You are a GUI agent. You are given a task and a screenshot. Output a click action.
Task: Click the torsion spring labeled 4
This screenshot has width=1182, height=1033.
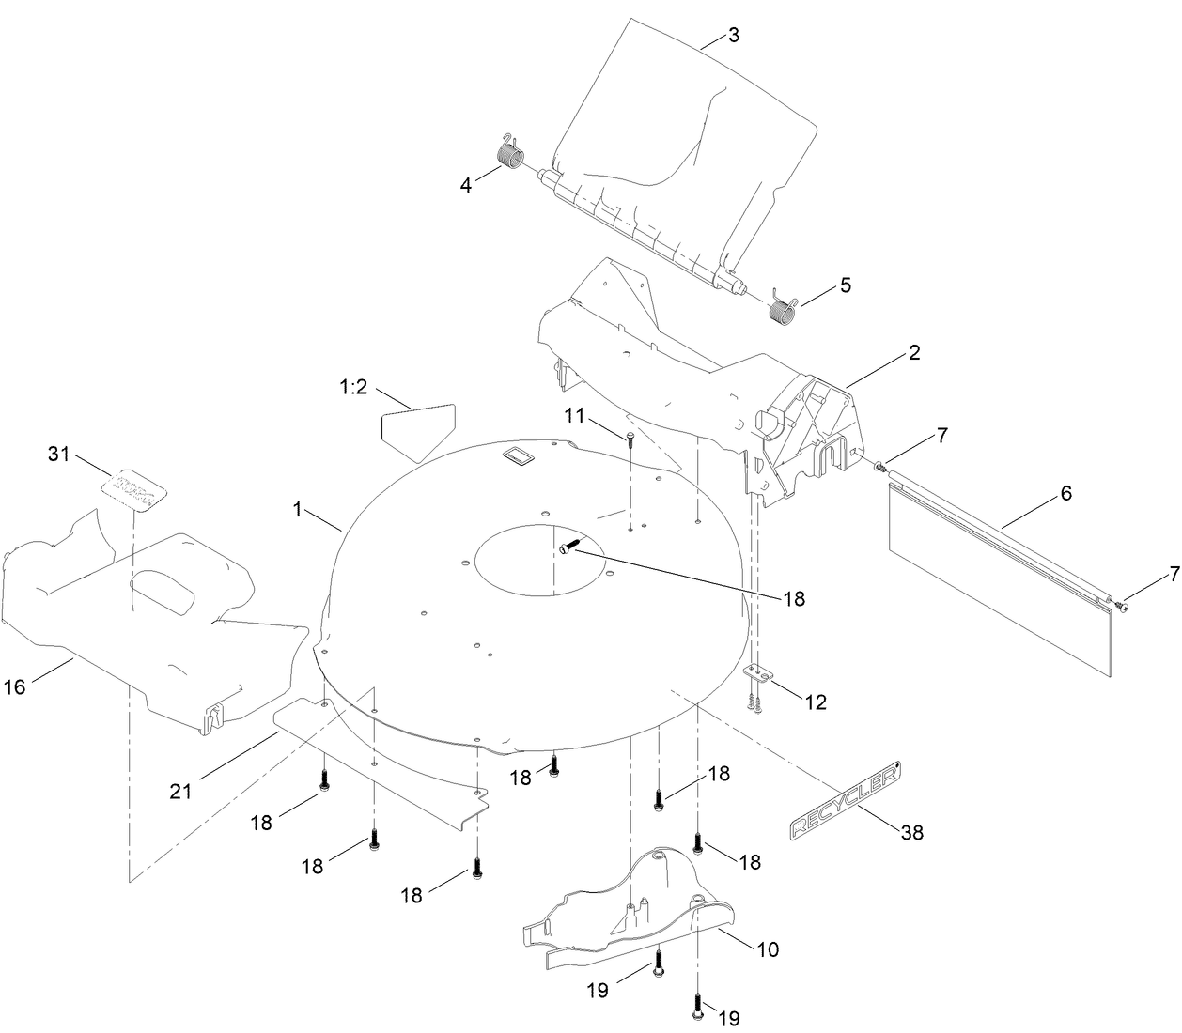(511, 155)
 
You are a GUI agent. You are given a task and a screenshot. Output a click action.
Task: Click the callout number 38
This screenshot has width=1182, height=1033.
(911, 832)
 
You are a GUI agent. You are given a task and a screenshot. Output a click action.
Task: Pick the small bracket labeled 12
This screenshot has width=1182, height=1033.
(757, 674)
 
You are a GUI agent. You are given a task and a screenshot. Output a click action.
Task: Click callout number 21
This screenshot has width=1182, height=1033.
(180, 791)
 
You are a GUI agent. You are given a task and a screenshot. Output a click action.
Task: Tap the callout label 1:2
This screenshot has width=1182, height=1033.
(353, 387)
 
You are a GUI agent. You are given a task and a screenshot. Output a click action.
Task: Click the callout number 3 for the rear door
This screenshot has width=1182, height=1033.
(734, 36)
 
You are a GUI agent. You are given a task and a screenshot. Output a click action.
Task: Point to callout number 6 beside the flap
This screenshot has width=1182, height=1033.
(1066, 492)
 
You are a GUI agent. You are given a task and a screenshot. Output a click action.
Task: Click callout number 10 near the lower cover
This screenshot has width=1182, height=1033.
(768, 949)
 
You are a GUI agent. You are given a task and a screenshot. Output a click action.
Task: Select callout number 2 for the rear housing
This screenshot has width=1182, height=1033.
(914, 353)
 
